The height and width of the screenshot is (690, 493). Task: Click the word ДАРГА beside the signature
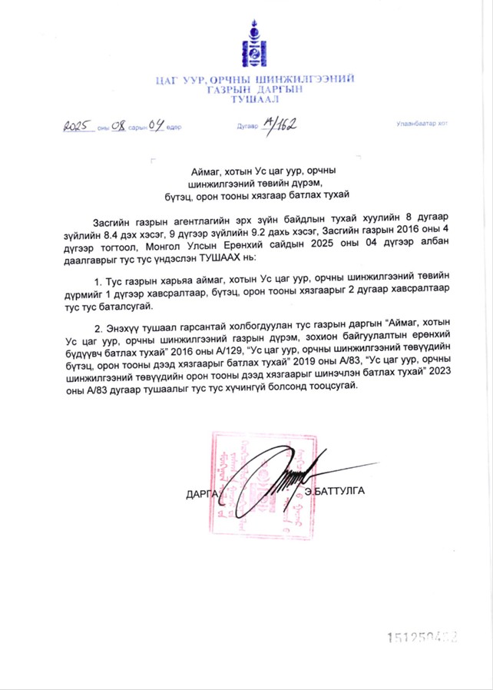coord(202,493)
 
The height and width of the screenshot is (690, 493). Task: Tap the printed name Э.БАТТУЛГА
coord(334,490)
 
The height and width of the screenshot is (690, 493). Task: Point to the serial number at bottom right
coord(425,637)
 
